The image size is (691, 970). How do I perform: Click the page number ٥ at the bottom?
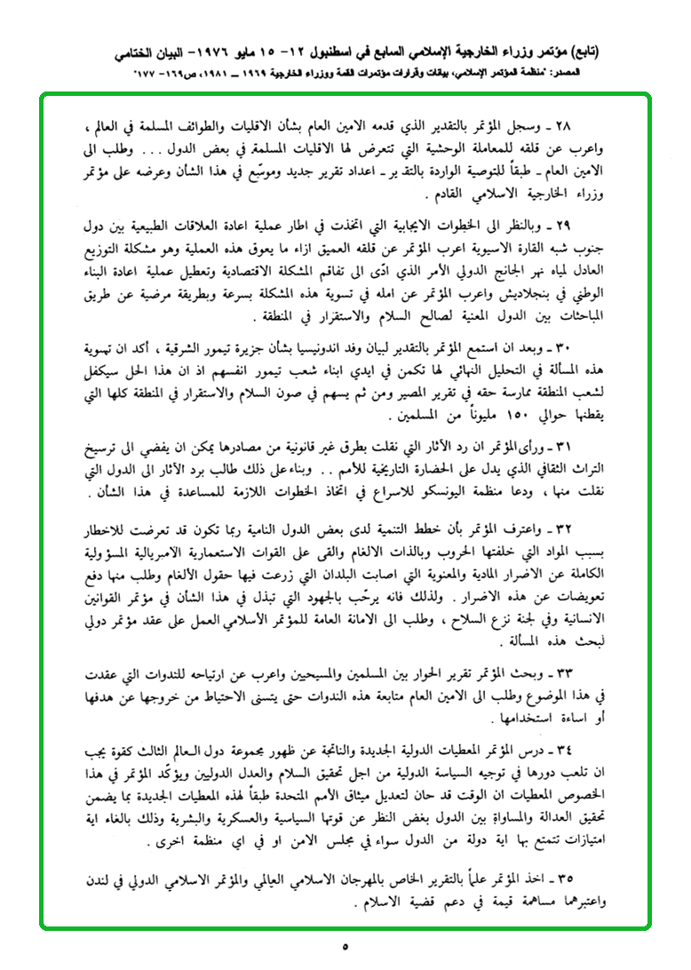(345, 947)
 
